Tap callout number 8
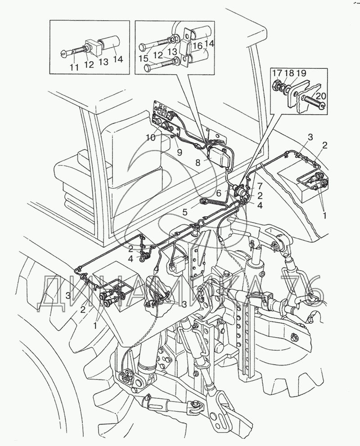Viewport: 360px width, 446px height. pyautogui.click(x=198, y=162)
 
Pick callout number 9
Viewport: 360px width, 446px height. pyautogui.click(x=179, y=152)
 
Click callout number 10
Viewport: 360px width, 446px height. pyautogui.click(x=151, y=138)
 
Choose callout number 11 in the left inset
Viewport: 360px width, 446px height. pyautogui.click(x=74, y=68)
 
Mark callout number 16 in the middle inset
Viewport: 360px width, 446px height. pyautogui.click(x=198, y=46)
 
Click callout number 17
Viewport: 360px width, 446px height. pyautogui.click(x=278, y=73)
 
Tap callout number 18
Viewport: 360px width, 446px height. pyautogui.click(x=289, y=73)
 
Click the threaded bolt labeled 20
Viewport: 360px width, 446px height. pyautogui.click(x=314, y=102)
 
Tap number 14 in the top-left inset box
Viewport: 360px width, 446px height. pyautogui.click(x=117, y=60)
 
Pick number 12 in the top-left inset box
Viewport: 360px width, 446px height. pyautogui.click(x=89, y=64)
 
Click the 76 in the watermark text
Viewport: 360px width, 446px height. pyautogui.click(x=301, y=289)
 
